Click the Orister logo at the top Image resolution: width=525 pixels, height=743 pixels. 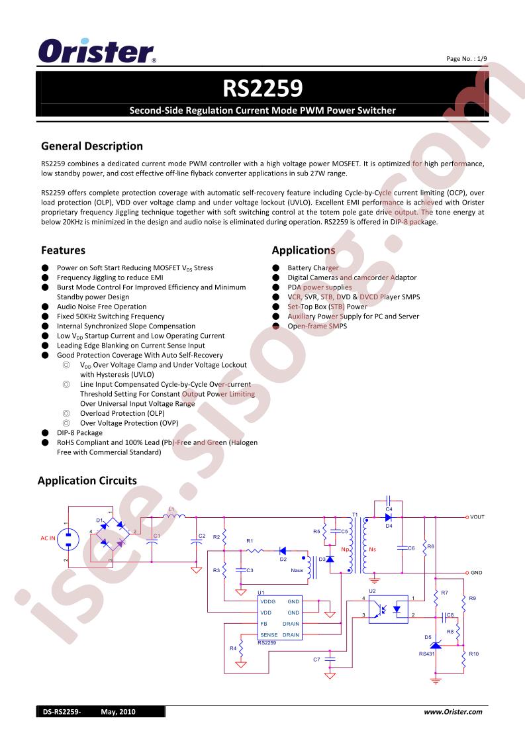[97, 51]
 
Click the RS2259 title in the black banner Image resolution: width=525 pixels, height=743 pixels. [262, 88]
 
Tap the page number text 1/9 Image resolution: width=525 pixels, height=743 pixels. [482, 59]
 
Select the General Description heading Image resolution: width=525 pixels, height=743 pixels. [92, 146]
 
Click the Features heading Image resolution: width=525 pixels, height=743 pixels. [63, 250]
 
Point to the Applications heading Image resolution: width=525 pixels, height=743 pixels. [303, 250]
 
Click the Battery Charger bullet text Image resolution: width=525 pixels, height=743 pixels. [312, 268]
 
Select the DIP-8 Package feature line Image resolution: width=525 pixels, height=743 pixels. [79, 432]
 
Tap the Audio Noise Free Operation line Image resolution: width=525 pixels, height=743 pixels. [101, 307]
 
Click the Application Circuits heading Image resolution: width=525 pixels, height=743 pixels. [87, 481]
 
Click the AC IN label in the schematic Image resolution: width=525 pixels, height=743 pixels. [48, 538]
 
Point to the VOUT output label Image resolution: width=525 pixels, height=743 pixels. [477, 517]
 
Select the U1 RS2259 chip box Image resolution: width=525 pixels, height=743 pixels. [280, 618]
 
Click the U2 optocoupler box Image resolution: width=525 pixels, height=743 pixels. [388, 609]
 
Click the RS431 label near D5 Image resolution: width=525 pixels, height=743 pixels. [426, 654]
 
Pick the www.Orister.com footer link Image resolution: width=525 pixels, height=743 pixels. [453, 712]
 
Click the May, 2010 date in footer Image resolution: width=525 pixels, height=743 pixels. [118, 712]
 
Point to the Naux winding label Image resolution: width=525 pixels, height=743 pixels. [297, 570]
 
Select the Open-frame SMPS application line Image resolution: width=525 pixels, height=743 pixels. [317, 326]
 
